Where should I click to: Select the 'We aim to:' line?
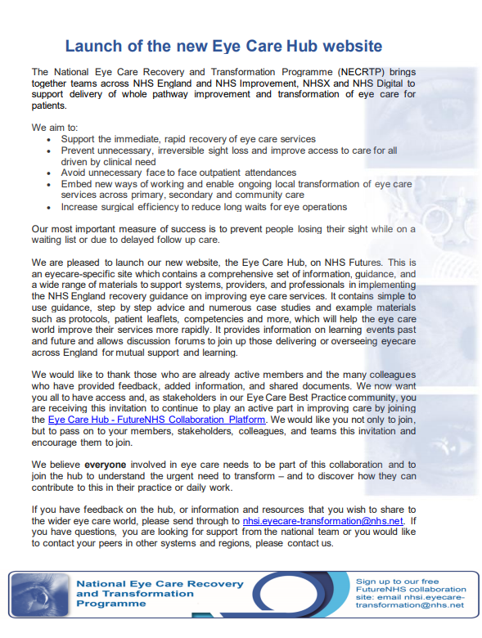[55, 128]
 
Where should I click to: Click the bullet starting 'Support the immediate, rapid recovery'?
[188, 139]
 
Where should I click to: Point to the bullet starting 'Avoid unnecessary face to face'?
[178, 173]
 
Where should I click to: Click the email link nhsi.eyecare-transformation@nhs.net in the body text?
[323, 519]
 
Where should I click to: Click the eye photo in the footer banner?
[37, 595]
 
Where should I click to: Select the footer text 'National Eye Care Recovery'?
[159, 583]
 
